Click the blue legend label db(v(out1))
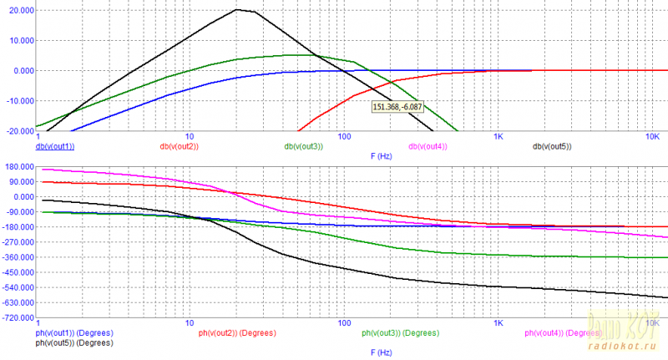point(55,147)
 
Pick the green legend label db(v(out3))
point(303,147)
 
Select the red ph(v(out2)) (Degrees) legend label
point(237,333)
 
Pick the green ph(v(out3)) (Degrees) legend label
point(400,333)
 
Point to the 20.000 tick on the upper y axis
point(18,10)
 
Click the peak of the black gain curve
point(237,10)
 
